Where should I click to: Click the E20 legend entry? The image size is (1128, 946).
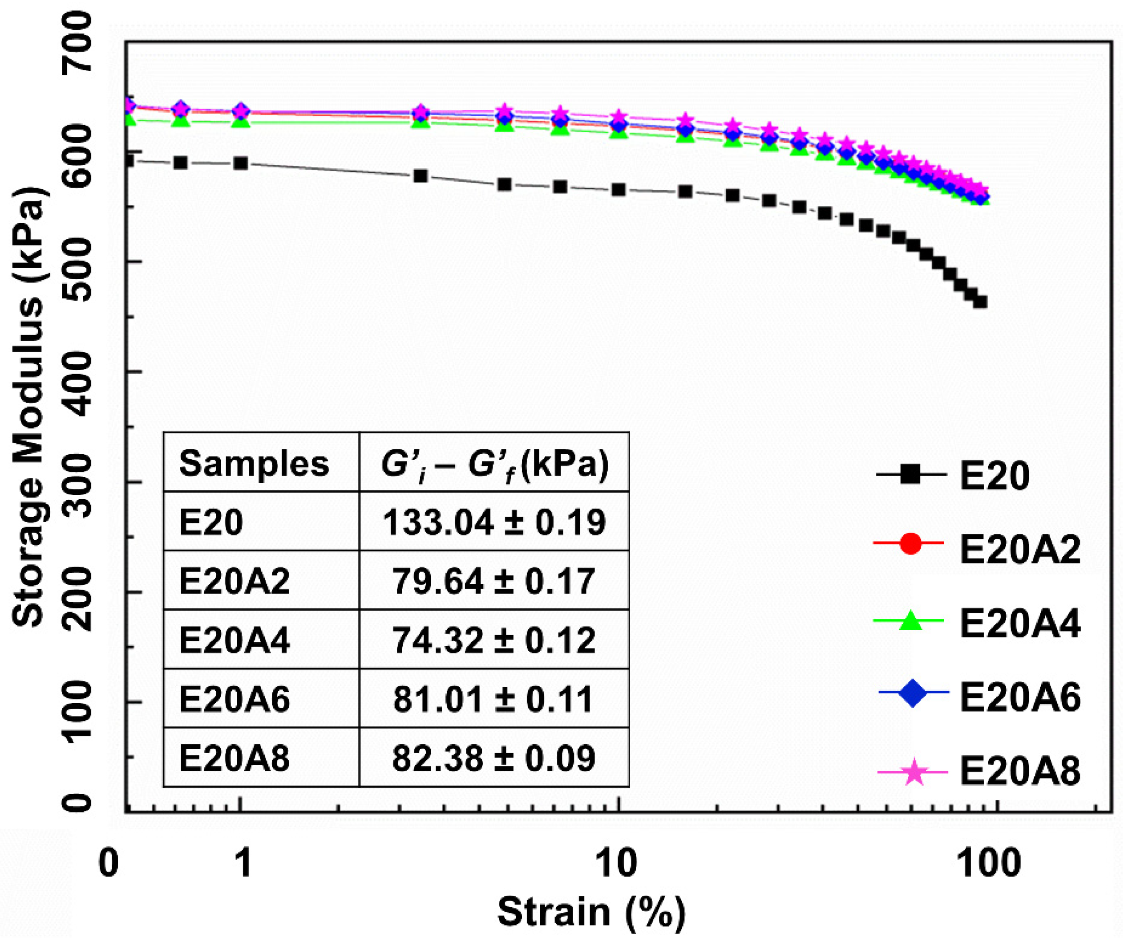(x=994, y=476)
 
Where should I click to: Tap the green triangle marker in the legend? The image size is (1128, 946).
(x=910, y=622)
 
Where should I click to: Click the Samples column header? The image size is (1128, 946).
(x=254, y=464)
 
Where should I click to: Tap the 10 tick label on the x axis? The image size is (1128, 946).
(x=617, y=863)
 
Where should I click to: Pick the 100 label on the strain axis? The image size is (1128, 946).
(x=991, y=863)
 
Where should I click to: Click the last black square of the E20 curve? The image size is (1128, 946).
(x=980, y=302)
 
